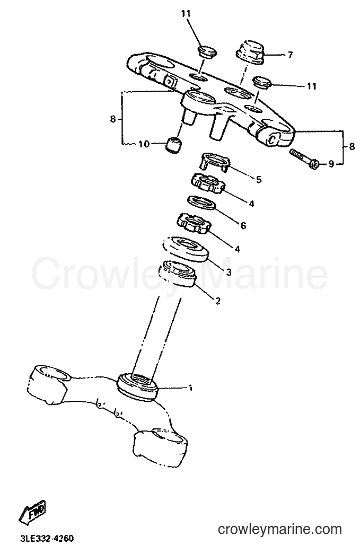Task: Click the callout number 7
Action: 290,55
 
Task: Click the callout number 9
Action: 331,164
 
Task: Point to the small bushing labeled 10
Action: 173,145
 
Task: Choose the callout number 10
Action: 144,144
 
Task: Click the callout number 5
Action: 259,180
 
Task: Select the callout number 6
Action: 243,225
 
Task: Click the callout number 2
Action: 218,301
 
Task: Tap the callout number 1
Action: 190,388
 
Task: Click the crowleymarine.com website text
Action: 280,529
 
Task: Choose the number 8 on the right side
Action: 352,146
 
